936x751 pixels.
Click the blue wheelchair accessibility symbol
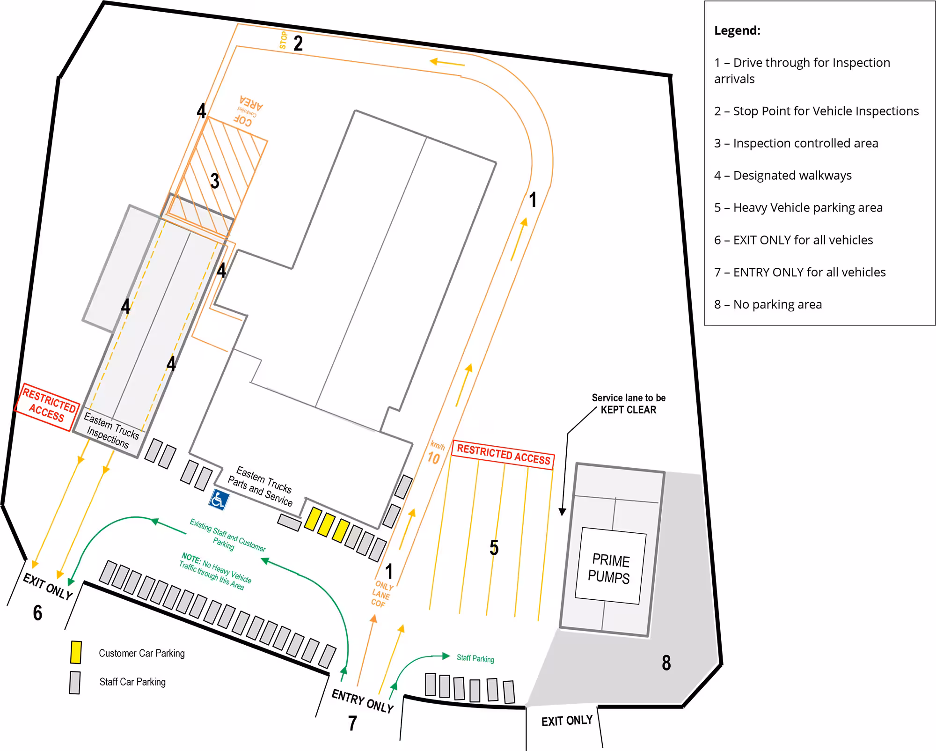[219, 500]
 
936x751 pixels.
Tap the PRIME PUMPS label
[609, 568]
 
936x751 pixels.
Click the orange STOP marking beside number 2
[283, 40]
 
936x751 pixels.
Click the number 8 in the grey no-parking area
[666, 663]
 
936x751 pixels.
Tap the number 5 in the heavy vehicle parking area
[494, 547]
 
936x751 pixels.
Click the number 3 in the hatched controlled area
[215, 181]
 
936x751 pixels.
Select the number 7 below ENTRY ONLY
[352, 723]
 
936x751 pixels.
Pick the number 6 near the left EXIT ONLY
[37, 612]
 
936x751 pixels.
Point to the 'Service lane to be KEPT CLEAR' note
[629, 404]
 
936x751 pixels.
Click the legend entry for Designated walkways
[782, 176]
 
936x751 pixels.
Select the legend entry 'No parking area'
[768, 305]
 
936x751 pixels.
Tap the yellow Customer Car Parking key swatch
[76, 652]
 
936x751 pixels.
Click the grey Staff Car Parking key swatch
[75, 682]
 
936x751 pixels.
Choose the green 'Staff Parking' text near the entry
[475, 658]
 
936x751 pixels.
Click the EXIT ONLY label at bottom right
[567, 721]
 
